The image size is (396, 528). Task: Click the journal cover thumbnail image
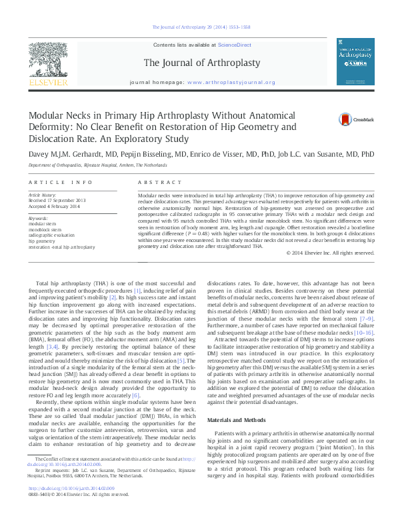[355, 61]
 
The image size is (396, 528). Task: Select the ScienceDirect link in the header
[235, 44]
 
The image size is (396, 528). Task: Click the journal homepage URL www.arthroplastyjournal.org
[231, 82]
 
